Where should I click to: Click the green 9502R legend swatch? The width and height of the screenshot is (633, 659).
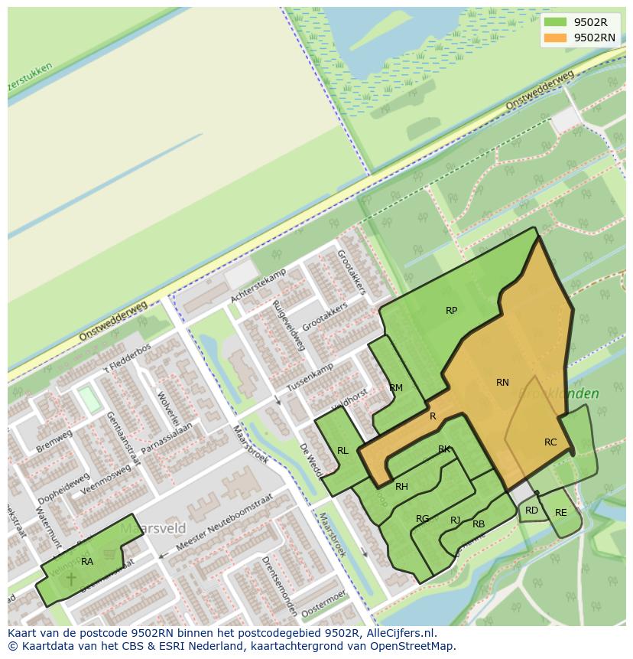click(555, 22)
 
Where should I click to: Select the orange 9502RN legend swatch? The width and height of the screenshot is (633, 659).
click(555, 38)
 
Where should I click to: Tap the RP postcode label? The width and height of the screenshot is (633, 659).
click(451, 311)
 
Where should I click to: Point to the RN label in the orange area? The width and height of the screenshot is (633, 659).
click(502, 383)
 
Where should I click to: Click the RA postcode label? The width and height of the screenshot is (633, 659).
click(87, 562)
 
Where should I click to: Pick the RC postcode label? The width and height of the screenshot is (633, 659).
click(550, 442)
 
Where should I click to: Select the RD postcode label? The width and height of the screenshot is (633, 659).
click(531, 511)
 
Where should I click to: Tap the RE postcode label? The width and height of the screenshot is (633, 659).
click(561, 513)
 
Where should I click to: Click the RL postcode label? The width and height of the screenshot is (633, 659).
click(342, 451)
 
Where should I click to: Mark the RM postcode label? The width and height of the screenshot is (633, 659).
click(396, 388)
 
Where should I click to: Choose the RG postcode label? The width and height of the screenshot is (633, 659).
click(422, 519)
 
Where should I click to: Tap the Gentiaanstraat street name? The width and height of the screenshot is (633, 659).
click(124, 437)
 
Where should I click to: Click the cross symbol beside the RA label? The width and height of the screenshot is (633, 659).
click(71, 578)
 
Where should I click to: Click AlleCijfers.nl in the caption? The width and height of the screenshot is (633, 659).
click(399, 633)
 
